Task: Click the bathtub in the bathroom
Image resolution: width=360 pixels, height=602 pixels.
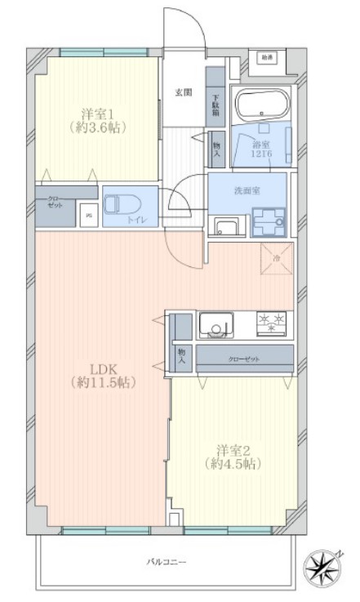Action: tap(262, 104)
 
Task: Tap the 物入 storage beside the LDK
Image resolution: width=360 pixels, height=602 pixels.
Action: tap(182, 355)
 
